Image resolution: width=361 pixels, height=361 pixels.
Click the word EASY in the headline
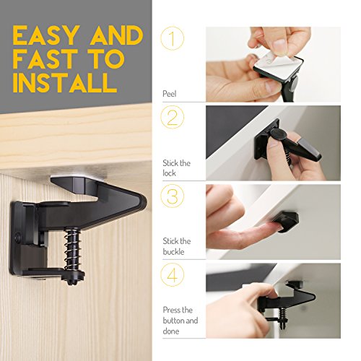(x=46, y=35)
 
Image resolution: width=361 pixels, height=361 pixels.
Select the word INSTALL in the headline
(x=65, y=82)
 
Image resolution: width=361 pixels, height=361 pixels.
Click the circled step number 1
(x=173, y=38)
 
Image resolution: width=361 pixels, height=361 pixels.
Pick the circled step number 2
(x=173, y=117)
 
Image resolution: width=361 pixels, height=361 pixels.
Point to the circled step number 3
(x=173, y=196)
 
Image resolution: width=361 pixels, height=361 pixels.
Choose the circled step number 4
(x=173, y=275)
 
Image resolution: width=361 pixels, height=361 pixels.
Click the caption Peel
(x=170, y=94)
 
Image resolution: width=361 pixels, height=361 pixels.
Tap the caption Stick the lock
(x=176, y=168)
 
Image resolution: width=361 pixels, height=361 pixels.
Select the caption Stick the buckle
(x=177, y=246)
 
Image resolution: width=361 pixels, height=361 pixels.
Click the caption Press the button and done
(x=180, y=321)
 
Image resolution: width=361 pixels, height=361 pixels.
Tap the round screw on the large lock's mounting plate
(x=17, y=238)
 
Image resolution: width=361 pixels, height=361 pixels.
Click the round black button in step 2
(x=277, y=134)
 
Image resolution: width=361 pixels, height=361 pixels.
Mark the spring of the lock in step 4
(x=282, y=313)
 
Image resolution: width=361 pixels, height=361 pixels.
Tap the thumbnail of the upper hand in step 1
(x=280, y=45)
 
